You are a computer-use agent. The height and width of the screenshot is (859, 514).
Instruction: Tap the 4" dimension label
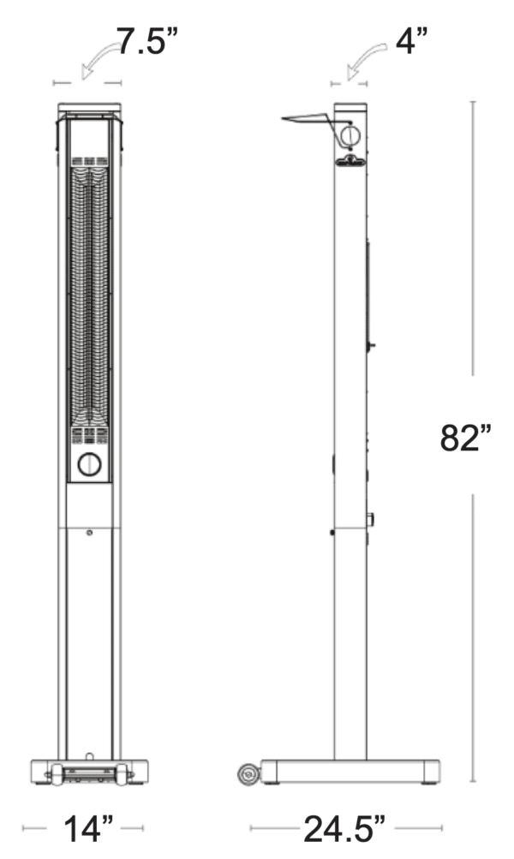(411, 40)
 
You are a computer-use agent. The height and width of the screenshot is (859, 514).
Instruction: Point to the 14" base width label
(89, 828)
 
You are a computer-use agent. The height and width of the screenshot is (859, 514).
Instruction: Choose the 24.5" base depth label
(344, 829)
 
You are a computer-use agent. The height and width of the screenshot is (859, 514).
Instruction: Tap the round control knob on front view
(89, 464)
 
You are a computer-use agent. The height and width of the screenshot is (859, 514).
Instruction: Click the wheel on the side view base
(249, 774)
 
